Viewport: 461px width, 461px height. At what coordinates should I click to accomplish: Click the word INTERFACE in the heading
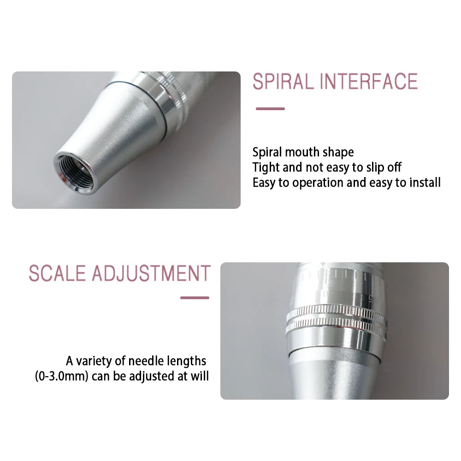[x=369, y=81]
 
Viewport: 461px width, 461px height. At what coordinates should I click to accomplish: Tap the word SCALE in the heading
[x=58, y=273]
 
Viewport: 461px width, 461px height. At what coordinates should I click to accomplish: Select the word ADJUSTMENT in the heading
[x=151, y=273]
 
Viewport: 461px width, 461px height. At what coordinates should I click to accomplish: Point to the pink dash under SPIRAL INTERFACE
[x=270, y=109]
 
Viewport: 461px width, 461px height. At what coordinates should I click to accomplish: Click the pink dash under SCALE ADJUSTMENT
[x=195, y=298]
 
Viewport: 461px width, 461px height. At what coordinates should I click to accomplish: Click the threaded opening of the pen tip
[x=74, y=172]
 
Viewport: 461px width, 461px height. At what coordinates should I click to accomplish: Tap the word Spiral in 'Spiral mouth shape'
[x=267, y=152]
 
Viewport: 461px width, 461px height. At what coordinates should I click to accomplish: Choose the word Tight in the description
[x=266, y=167]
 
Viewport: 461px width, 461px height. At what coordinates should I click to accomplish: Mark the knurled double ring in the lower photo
[x=336, y=320]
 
